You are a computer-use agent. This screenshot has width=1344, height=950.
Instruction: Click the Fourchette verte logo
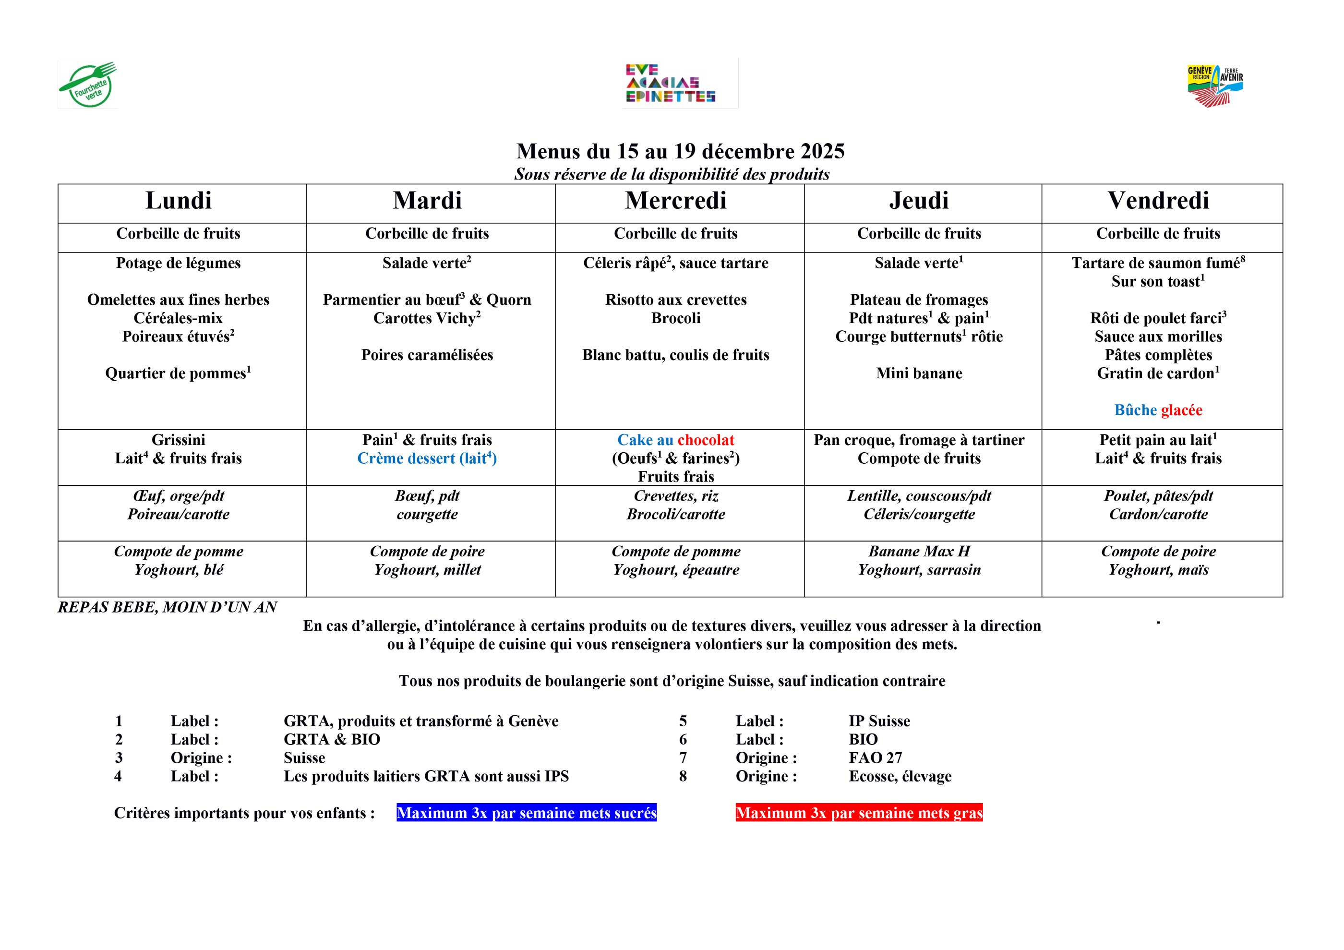(x=88, y=85)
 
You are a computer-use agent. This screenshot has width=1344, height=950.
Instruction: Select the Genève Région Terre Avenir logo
(x=1215, y=85)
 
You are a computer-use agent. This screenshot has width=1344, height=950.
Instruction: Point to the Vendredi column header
(x=1158, y=201)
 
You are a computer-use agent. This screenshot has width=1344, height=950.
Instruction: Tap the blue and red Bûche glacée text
(x=1158, y=410)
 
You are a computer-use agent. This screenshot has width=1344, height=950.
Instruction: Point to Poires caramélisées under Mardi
(x=427, y=355)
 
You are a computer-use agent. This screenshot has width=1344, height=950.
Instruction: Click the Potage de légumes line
(x=178, y=263)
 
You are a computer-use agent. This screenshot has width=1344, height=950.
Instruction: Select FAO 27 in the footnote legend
(x=875, y=758)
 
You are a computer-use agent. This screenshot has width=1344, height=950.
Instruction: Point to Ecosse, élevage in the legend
(x=900, y=776)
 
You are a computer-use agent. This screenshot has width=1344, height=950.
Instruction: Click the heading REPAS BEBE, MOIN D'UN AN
(x=167, y=607)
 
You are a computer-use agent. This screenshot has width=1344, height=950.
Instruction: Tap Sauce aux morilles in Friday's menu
(x=1158, y=337)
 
